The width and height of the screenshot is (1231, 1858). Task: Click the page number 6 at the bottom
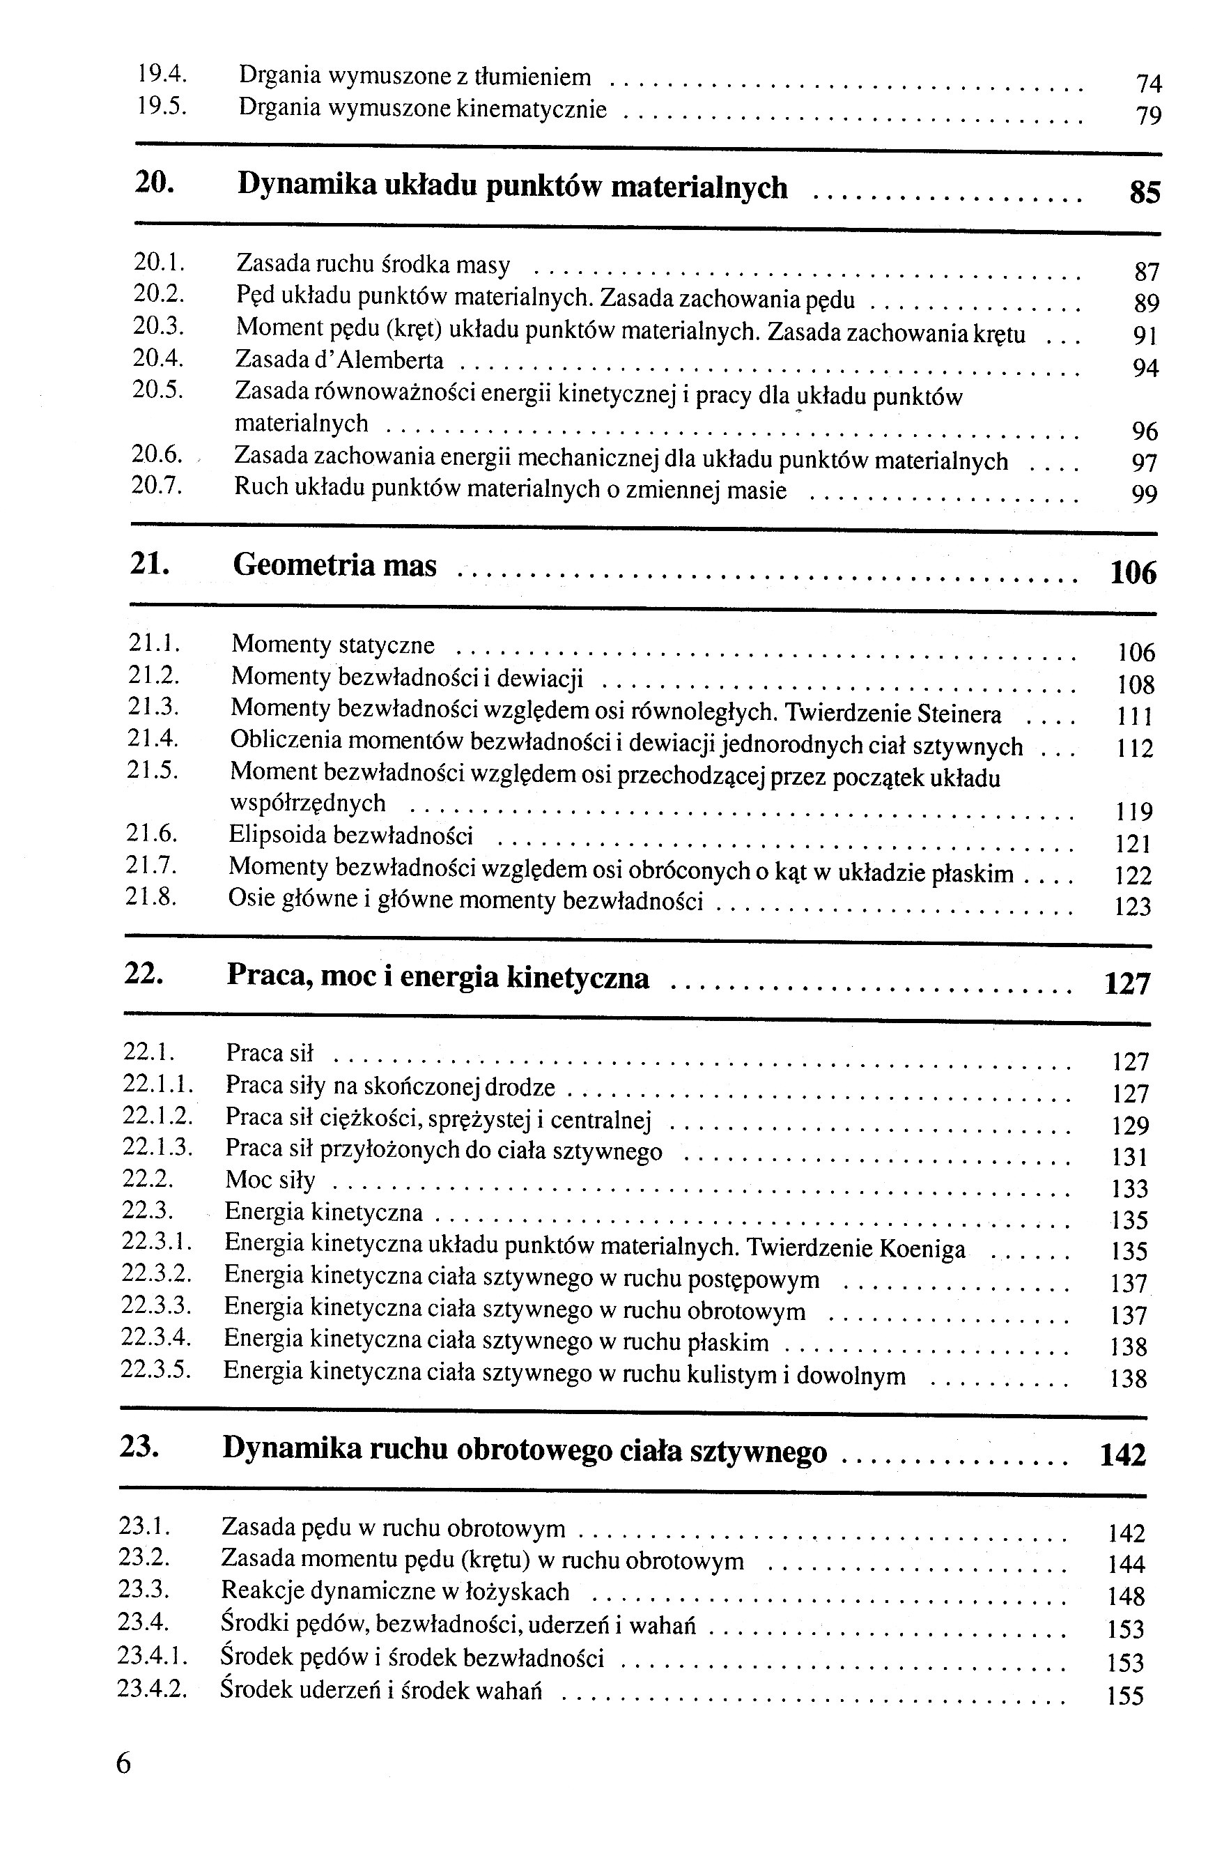coord(124,1763)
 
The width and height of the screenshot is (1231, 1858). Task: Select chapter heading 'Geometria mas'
coord(334,565)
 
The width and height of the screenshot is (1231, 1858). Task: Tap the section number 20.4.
coord(158,358)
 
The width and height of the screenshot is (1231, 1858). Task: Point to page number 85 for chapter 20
coord(1145,192)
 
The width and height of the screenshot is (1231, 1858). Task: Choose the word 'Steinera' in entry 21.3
coord(959,714)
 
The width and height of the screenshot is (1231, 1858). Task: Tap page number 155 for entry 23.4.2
coord(1126,1696)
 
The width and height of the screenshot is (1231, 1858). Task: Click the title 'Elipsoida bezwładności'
coord(351,835)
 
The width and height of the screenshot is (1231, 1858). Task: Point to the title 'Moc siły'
coord(270,1179)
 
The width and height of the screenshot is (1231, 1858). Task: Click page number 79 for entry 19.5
coord(1149,116)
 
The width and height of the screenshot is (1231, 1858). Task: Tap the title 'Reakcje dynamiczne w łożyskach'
coord(395,1592)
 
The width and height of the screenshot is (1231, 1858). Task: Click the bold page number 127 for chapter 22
coord(1127,984)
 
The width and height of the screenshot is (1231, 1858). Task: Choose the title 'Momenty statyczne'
coord(333,645)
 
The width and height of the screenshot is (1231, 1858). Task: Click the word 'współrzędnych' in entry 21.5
coord(308,804)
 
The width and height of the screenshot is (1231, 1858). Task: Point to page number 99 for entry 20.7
coord(1145,495)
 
